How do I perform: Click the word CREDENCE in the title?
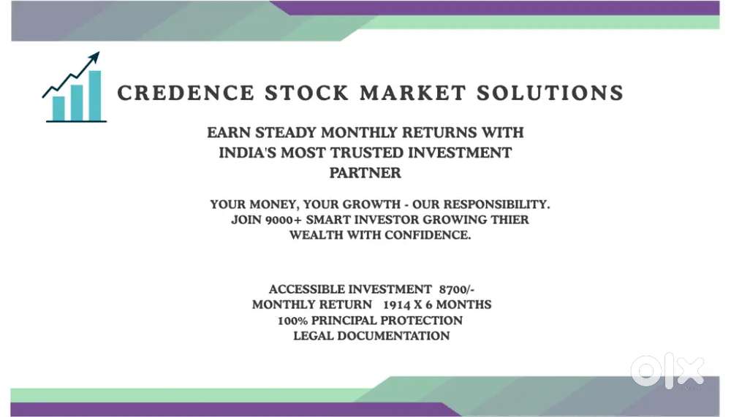click(x=186, y=93)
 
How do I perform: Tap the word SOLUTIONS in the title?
click(x=550, y=93)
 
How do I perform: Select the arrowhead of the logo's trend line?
click(x=94, y=58)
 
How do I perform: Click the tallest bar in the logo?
click(x=95, y=96)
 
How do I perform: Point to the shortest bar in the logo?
click(x=58, y=109)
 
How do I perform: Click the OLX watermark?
click(x=667, y=370)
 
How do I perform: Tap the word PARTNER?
click(x=365, y=173)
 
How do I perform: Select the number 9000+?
click(x=283, y=220)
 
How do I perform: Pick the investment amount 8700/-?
click(x=456, y=289)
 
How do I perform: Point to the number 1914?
click(x=397, y=305)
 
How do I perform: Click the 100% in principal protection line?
click(x=293, y=321)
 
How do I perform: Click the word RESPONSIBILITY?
click(x=496, y=204)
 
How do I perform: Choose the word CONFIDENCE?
click(x=428, y=235)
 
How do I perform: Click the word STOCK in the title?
click(x=307, y=93)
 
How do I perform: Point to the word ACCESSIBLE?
click(x=308, y=289)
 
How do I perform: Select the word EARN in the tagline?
click(x=228, y=133)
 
